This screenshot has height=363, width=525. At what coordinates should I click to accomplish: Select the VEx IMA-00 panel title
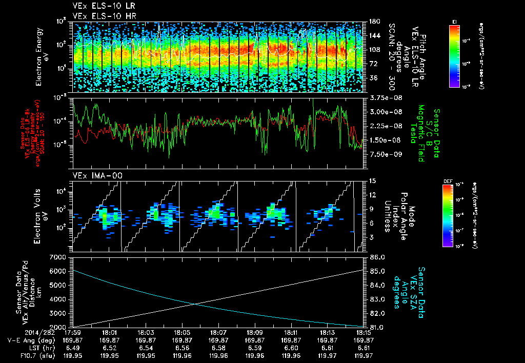point(93,176)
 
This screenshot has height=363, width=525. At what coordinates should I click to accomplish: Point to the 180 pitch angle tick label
point(373,22)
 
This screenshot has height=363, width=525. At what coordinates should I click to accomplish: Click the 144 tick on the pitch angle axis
point(373,36)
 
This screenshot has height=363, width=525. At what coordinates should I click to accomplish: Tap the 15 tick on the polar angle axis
point(372,181)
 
